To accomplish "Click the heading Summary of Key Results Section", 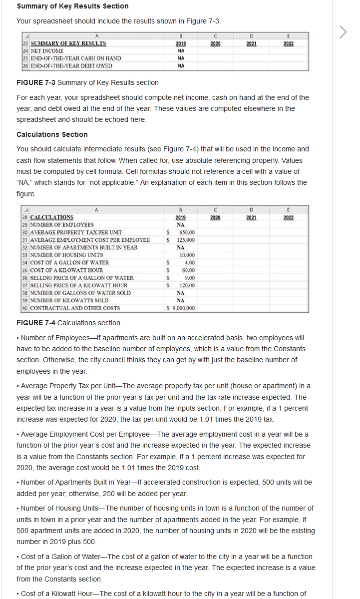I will pyautogui.click(x=72, y=6).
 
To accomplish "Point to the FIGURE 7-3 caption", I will pyautogui.click(x=87, y=82).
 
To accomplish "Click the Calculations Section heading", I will pyautogui.click(x=52, y=134).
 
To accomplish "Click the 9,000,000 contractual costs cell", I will pyautogui.click(x=181, y=308).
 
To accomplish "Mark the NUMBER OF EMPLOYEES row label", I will pyautogui.click(x=62, y=225).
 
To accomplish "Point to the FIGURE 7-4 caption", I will pyautogui.click(x=68, y=323).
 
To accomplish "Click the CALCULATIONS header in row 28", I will pyautogui.click(x=52, y=217).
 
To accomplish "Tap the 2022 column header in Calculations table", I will pyautogui.click(x=289, y=217).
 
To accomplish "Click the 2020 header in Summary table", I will pyautogui.click(x=215, y=43).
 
